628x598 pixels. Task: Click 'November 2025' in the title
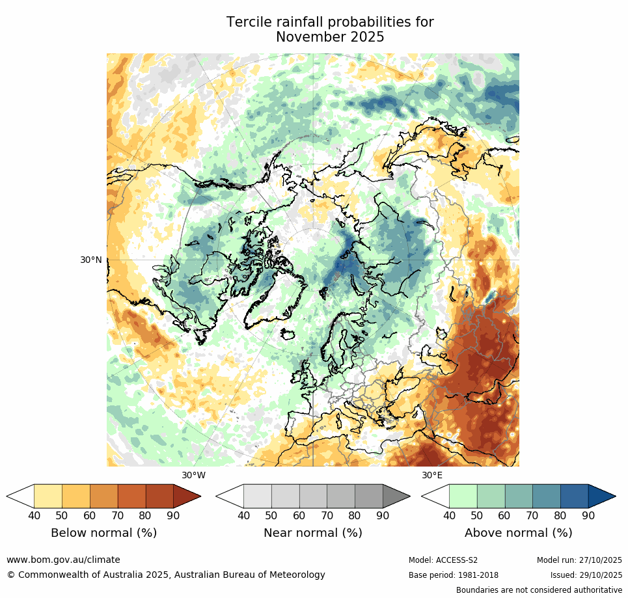click(x=330, y=38)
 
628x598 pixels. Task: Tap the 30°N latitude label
click(x=91, y=260)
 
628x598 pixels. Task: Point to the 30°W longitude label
click(x=193, y=475)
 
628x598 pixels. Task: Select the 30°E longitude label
click(x=431, y=475)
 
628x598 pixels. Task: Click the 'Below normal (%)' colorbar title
click(x=103, y=533)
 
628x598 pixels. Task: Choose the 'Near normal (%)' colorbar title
click(x=312, y=533)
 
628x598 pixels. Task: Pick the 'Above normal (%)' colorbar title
click(x=518, y=533)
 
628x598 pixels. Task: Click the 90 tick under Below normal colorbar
click(x=174, y=516)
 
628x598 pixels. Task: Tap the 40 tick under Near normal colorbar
click(x=243, y=516)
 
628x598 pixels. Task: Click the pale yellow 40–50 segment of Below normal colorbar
click(x=48, y=496)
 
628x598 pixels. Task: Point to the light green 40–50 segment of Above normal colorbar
click(x=463, y=496)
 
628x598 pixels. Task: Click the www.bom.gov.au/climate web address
click(x=63, y=560)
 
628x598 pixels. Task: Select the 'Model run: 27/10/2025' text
click(x=579, y=560)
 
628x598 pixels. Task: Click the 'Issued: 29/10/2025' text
click(x=586, y=575)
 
